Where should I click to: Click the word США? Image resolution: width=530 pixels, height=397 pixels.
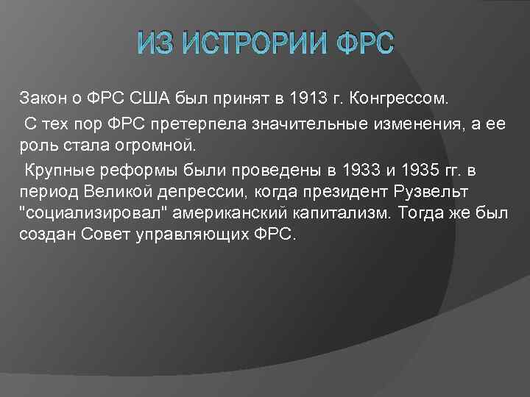point(149,98)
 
